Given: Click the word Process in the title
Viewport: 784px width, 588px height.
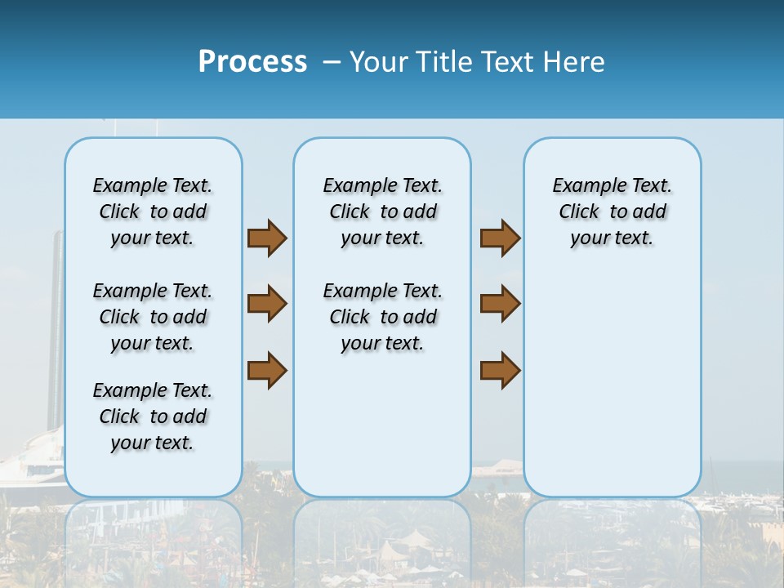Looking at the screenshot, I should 252,62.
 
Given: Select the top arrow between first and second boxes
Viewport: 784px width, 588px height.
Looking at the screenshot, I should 267,238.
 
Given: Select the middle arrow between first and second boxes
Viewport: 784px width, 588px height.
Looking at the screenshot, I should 267,304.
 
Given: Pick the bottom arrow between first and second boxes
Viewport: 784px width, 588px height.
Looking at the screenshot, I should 267,370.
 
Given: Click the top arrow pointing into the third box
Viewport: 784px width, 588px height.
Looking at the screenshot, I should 500,238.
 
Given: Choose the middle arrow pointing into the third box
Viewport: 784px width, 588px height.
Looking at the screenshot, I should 500,304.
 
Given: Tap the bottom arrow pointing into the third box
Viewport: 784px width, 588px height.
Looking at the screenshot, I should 500,370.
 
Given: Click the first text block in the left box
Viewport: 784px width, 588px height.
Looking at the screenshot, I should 153,212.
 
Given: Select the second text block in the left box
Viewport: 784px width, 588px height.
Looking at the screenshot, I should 153,317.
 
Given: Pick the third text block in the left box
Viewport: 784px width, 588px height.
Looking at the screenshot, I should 153,416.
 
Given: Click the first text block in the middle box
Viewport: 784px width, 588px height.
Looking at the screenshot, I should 382,212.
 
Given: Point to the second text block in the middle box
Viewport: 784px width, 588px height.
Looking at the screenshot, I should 382,317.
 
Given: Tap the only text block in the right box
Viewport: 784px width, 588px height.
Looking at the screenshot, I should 612,212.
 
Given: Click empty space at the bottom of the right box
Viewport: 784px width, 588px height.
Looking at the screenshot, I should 612,408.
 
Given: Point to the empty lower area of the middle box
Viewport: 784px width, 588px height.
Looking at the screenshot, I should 382,425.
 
